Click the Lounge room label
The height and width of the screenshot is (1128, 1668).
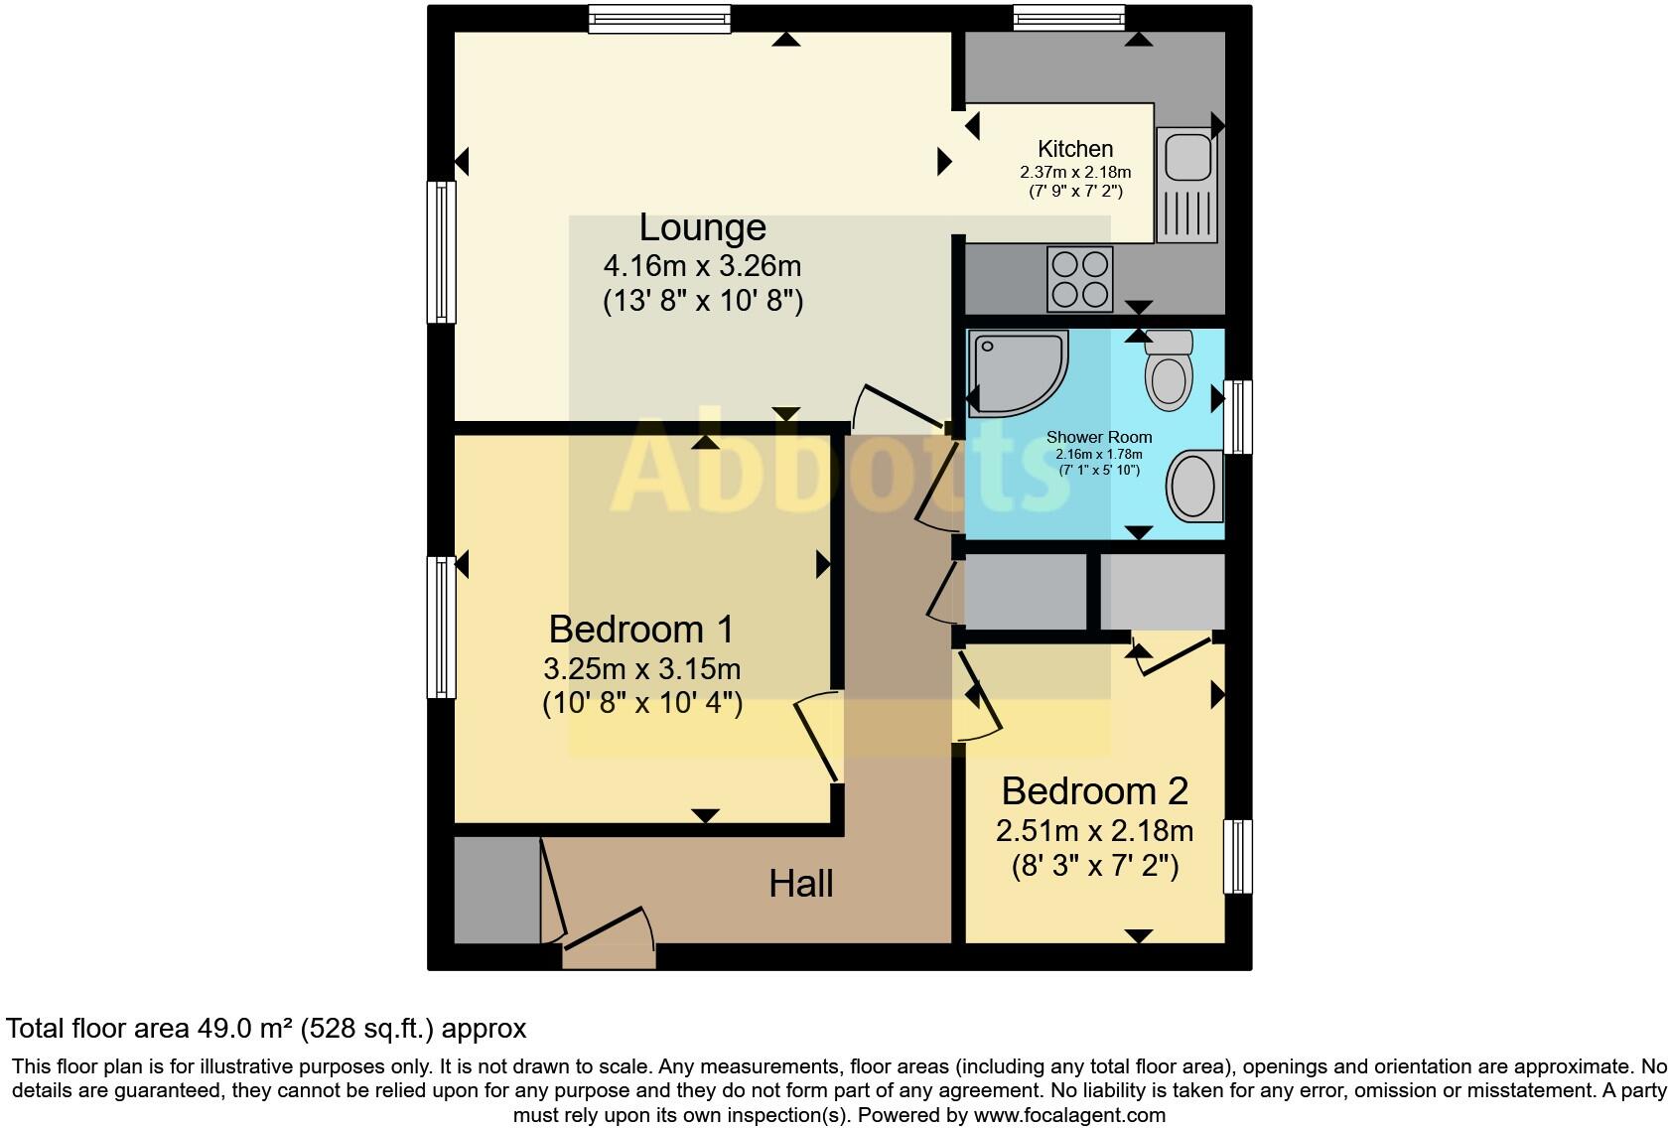702,227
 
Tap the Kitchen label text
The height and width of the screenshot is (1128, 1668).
1074,149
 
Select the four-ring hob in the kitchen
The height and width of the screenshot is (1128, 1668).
1079,279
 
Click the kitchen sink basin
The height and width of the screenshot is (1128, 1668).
1187,157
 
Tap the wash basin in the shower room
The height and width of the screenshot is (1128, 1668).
1194,486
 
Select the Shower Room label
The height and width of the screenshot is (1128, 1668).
1098,437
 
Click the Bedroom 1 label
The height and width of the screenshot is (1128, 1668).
640,629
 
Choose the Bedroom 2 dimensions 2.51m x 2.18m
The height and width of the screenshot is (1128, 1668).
1094,830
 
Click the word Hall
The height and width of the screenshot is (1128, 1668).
800,884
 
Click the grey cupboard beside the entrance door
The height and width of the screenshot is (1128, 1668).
495,890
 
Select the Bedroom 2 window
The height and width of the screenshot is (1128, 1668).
1237,856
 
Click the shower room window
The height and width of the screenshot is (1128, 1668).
1237,417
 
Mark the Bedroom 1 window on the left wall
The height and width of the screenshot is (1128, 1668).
441,627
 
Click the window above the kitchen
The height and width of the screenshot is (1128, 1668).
1068,18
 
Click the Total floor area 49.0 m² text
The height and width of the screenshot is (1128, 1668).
266,1029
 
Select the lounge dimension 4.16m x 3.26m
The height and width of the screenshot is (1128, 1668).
702,266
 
